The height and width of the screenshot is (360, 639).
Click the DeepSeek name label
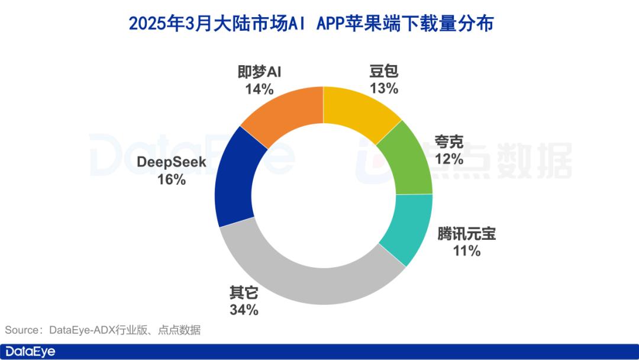pos(172,162)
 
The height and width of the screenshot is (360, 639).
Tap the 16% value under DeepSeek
pos(172,179)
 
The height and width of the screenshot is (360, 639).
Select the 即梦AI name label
pos(260,72)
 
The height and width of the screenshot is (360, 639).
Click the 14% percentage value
pos(260,89)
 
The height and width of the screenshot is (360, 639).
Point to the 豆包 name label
pos(384,72)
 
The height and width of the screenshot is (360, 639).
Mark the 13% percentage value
pos(384,89)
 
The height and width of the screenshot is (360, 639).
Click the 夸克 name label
pos(449,142)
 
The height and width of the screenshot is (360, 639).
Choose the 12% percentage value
pos(449,159)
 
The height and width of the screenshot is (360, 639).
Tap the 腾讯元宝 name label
pos(467,234)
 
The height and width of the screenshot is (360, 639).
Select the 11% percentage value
pos(467,251)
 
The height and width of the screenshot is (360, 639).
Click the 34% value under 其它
pos(244,310)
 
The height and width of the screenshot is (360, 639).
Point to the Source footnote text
pos(103,330)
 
